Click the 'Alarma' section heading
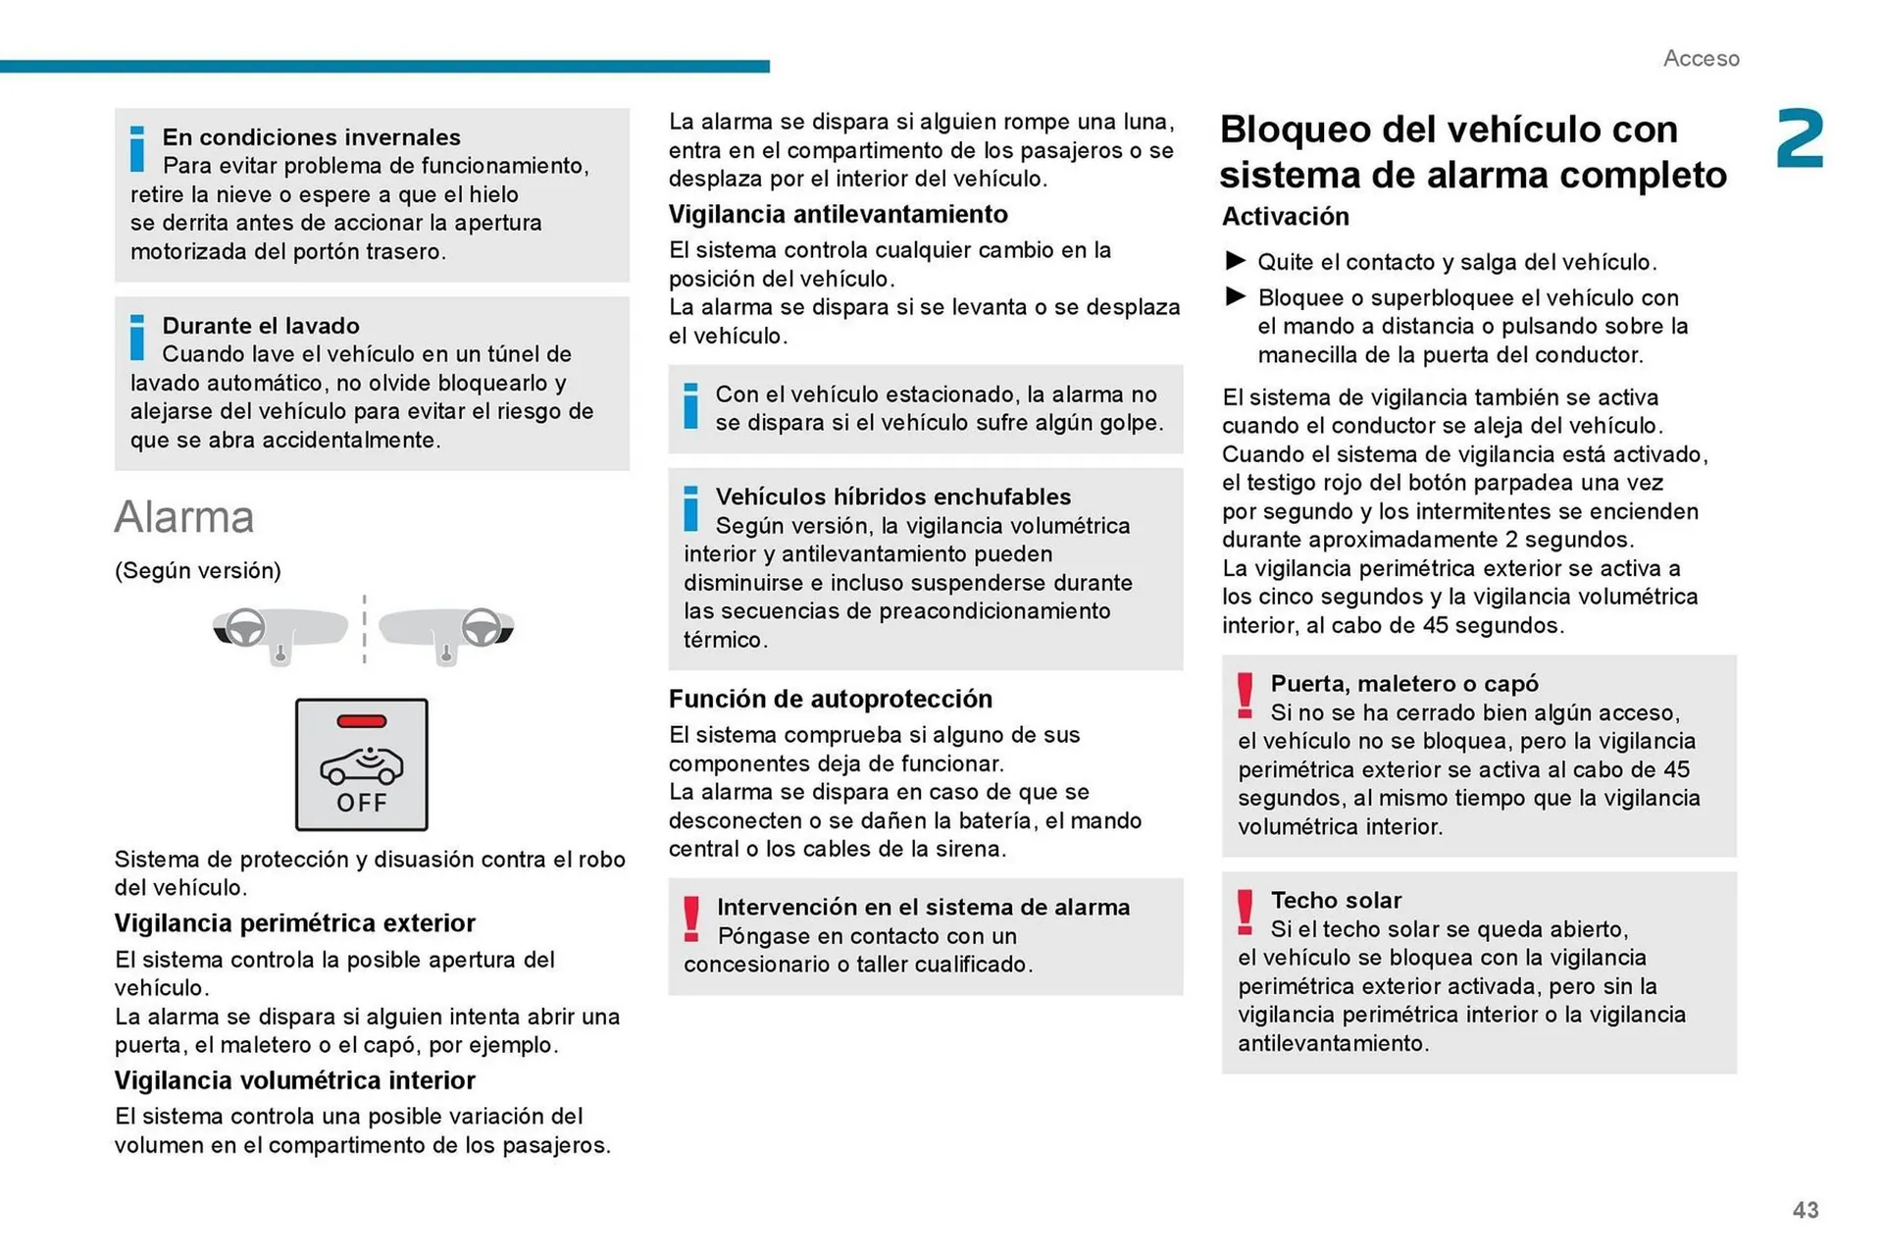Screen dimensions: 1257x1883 click(x=184, y=517)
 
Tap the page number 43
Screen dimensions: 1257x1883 click(x=1806, y=1210)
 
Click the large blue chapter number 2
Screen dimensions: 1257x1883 click(x=1800, y=139)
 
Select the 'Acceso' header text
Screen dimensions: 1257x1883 click(x=1701, y=59)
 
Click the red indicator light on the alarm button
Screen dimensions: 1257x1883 click(x=361, y=721)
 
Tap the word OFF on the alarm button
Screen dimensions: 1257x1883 click(x=362, y=803)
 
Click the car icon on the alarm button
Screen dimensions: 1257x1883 click(x=362, y=765)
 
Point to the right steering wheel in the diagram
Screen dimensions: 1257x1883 click(x=481, y=626)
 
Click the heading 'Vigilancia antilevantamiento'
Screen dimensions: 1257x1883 click(x=838, y=214)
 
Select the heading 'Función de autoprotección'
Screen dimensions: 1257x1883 click(x=830, y=699)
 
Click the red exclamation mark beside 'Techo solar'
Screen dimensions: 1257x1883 click(x=1245, y=912)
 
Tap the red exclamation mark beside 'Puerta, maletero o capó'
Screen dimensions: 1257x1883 click(x=1245, y=695)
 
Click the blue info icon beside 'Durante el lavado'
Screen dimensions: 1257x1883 click(x=137, y=338)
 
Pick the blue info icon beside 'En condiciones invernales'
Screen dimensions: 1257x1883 click(x=137, y=149)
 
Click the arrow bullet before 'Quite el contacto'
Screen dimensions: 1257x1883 click(x=1236, y=261)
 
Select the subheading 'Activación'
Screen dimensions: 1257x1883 click(x=1285, y=216)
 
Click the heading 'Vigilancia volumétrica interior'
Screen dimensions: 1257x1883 click(x=294, y=1080)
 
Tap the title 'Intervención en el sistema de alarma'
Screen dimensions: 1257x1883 click(x=923, y=907)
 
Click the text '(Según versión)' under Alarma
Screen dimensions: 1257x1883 click(x=198, y=571)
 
